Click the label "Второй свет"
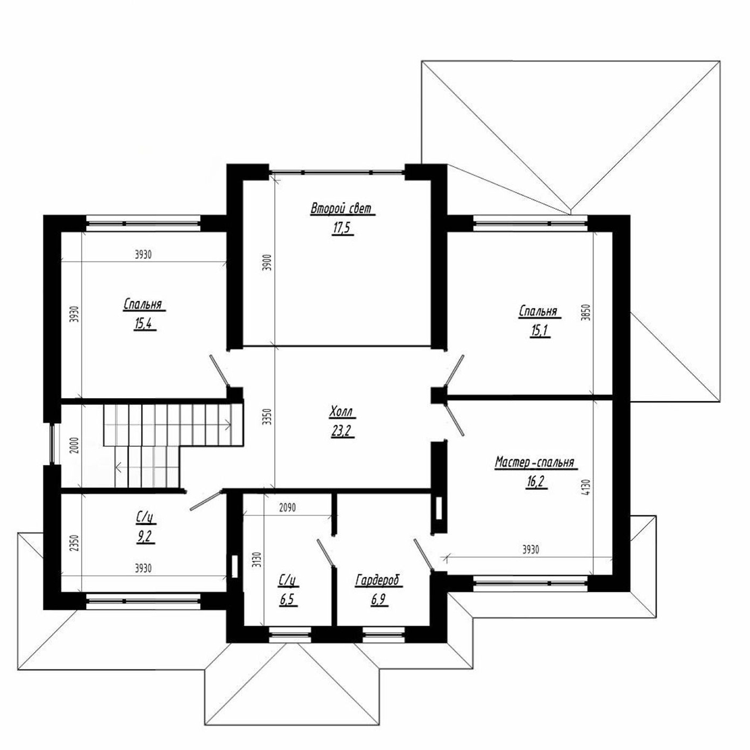pyautogui.click(x=342, y=208)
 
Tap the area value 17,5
pyautogui.click(x=342, y=229)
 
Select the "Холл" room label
pyautogui.click(x=342, y=411)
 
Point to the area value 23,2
pyautogui.click(x=342, y=431)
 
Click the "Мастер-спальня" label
pyautogui.click(x=535, y=462)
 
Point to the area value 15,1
pyautogui.click(x=539, y=331)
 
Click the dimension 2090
pyautogui.click(x=287, y=508)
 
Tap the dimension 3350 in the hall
pyautogui.click(x=267, y=417)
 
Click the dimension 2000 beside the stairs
pyautogui.click(x=76, y=446)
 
